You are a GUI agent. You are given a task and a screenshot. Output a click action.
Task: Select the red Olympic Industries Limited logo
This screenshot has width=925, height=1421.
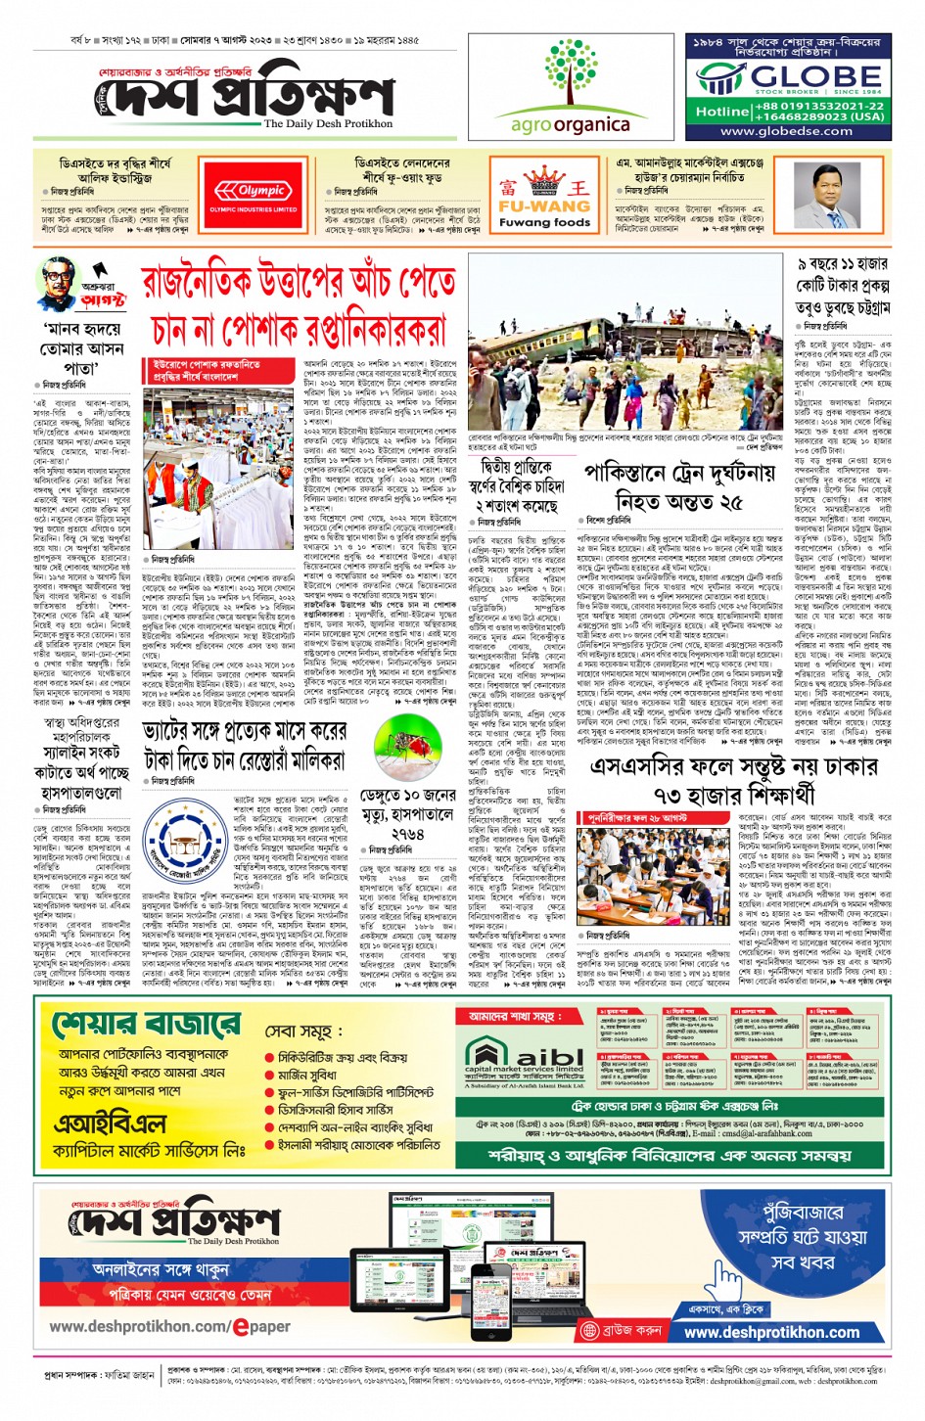pos(254,194)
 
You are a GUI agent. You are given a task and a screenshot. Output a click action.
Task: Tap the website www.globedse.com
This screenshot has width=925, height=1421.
pos(786,131)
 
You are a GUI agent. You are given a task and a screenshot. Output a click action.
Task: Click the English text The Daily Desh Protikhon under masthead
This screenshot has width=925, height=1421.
pos(328,124)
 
